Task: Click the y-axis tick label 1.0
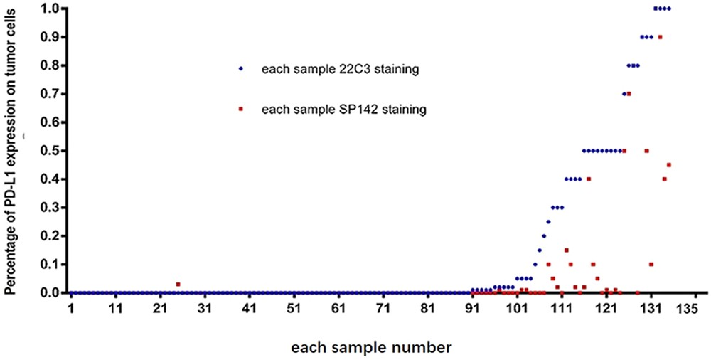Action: pyautogui.click(x=50, y=9)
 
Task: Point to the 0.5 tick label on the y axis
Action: pyautogui.click(x=50, y=151)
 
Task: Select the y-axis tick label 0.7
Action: pyautogui.click(x=50, y=94)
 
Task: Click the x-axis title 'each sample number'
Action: pyautogui.click(x=370, y=348)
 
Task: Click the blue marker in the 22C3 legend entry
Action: pyautogui.click(x=241, y=70)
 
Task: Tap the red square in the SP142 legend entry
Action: pyautogui.click(x=241, y=109)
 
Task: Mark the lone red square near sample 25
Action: pyautogui.click(x=178, y=285)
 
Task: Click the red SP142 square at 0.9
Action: pyautogui.click(x=661, y=37)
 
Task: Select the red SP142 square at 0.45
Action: pyautogui.click(x=669, y=165)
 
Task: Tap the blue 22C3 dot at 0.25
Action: pyautogui.click(x=548, y=222)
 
